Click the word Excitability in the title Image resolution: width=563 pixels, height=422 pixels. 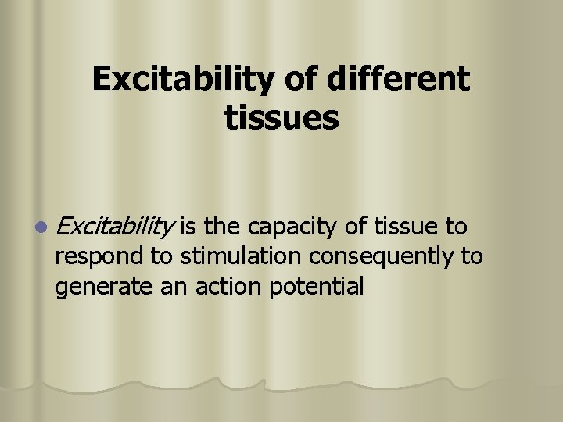tap(179, 79)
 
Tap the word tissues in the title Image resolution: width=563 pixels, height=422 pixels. tap(281, 119)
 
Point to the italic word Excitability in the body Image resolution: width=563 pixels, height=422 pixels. tap(115, 227)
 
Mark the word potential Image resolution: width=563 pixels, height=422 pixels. tap(317, 287)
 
